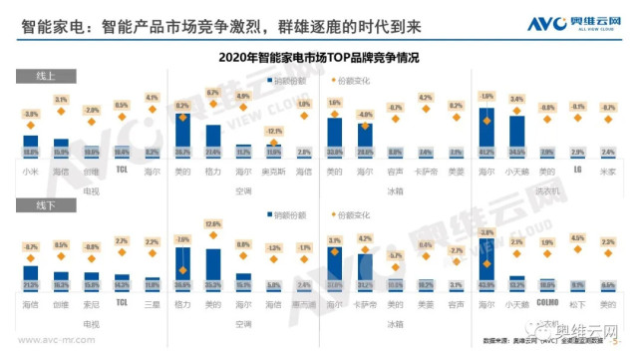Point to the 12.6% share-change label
(x=211, y=224)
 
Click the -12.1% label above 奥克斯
(x=274, y=132)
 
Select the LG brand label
(x=577, y=170)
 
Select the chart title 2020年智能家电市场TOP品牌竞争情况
(x=319, y=59)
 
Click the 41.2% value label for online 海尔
(x=486, y=152)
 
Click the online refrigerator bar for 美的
(x=335, y=137)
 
